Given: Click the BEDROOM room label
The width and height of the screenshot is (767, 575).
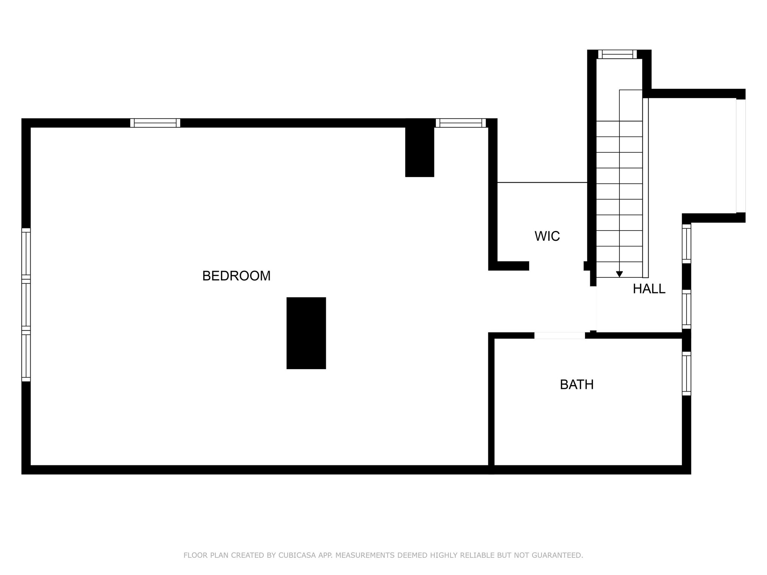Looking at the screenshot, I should click(236, 276).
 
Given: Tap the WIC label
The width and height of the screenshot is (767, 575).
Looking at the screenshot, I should click(547, 236).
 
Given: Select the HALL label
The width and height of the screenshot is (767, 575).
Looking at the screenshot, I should click(649, 289).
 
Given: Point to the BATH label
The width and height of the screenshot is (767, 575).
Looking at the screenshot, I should click(577, 384).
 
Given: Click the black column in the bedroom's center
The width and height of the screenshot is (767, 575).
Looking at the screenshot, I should click(306, 333).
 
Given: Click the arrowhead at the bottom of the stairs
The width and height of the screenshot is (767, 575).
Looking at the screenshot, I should click(619, 274).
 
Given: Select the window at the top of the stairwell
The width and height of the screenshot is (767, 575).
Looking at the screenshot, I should click(617, 54).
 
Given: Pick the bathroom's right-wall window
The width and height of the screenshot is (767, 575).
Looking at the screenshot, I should click(686, 373).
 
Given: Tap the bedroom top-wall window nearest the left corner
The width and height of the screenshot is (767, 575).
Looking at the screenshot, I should click(155, 123).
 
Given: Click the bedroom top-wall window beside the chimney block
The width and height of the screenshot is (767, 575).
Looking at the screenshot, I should click(461, 123).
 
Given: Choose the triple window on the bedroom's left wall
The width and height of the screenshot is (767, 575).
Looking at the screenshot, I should click(26, 305).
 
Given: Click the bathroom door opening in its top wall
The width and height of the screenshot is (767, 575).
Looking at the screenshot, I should click(560, 335).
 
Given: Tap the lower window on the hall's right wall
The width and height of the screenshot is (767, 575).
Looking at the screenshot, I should click(686, 309).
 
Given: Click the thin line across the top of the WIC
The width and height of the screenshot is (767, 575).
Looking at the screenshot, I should click(542, 183).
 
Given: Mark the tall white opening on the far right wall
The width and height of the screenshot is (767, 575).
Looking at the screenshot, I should click(740, 156).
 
